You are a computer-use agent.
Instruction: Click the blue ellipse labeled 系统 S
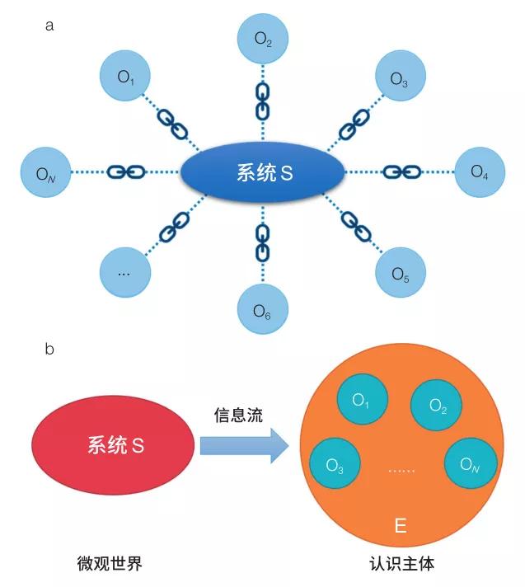(262, 173)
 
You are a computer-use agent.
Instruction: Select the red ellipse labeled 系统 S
(115, 446)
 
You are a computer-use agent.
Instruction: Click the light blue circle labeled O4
(480, 172)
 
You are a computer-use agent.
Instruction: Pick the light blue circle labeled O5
(401, 274)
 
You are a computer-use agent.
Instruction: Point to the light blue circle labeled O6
(263, 311)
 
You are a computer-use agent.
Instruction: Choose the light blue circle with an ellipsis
(124, 273)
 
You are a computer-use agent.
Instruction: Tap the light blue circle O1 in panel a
(124, 77)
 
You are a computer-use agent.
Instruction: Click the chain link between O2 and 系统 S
(263, 100)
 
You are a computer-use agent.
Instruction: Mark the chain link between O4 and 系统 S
(401, 172)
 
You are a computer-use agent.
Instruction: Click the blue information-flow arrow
(244, 447)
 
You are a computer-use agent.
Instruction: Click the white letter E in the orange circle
(401, 525)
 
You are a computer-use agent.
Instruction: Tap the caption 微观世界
(110, 564)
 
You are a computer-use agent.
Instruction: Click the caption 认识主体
(401, 564)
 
